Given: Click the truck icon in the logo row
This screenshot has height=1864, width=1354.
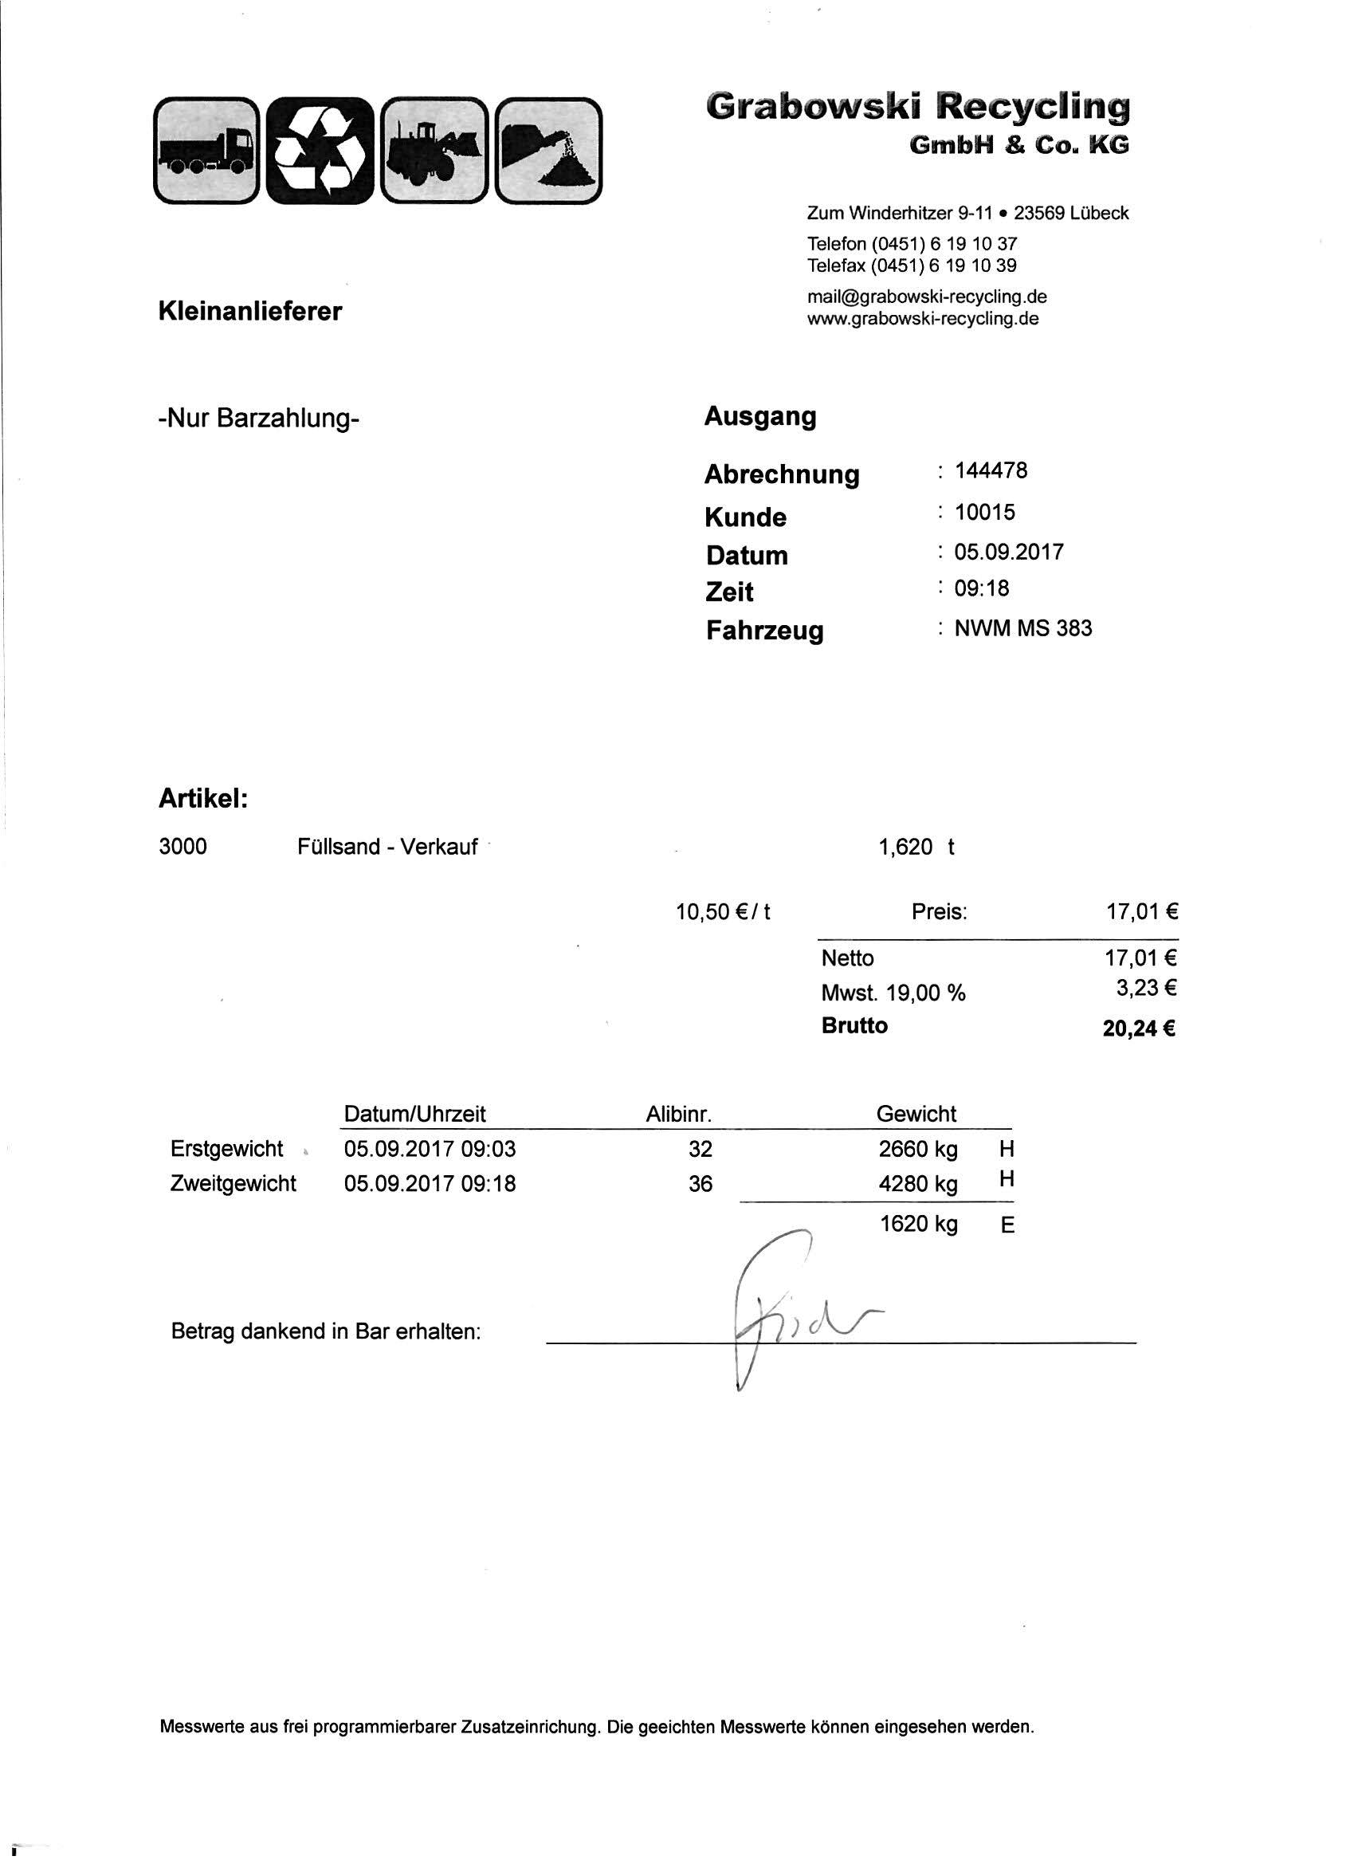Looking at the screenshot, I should (x=207, y=150).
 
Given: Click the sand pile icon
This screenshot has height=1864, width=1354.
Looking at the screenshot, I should (x=549, y=150).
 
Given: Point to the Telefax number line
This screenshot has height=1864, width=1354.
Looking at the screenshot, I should (x=912, y=265).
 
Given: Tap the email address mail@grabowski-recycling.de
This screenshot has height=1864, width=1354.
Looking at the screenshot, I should (x=927, y=296).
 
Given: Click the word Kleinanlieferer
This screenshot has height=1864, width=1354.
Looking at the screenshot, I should (x=249, y=312).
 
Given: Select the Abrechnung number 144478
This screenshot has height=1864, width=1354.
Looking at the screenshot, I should (x=991, y=471).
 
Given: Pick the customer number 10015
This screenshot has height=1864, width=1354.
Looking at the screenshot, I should (x=984, y=512).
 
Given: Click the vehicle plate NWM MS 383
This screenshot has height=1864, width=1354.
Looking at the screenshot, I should (x=1023, y=629).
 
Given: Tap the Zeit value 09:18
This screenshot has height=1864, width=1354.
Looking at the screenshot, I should (x=981, y=588).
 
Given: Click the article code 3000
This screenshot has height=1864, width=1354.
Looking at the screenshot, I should (x=182, y=847).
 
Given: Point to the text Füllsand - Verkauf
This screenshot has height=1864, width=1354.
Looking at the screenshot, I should (x=387, y=847).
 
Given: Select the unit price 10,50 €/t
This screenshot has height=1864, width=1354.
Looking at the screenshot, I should (x=723, y=911).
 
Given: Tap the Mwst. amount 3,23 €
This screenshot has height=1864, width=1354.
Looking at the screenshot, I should (x=1145, y=988).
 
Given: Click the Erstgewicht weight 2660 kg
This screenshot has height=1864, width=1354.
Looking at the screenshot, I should (x=918, y=1149).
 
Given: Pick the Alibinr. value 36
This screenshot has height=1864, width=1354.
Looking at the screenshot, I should (x=700, y=1183).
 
